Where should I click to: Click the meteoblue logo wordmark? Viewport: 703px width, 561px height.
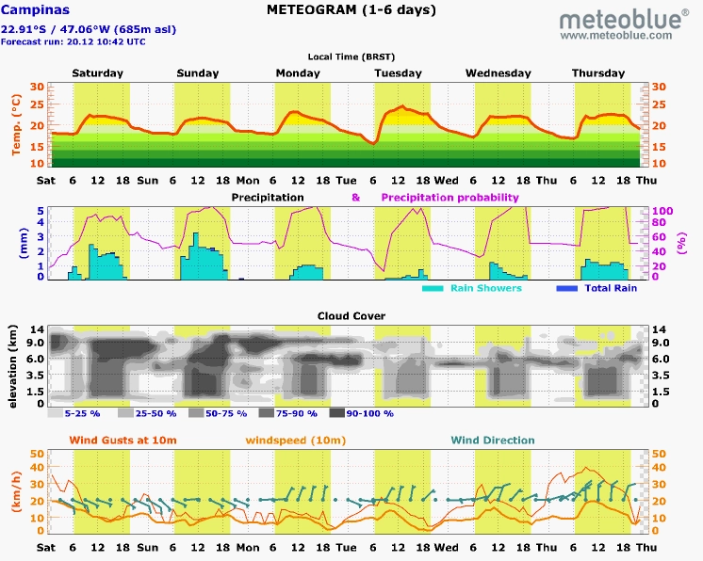(624, 19)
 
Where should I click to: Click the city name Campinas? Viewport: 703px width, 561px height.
(36, 9)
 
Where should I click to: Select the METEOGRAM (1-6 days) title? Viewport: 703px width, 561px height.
(351, 9)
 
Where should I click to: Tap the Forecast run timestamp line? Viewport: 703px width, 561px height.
(74, 41)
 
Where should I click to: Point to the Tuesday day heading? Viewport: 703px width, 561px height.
(398, 73)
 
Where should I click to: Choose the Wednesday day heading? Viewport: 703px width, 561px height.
(499, 73)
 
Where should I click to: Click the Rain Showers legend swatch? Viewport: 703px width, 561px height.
(433, 288)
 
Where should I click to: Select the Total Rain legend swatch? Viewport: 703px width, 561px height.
(566, 288)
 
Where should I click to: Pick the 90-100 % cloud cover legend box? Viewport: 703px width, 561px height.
(337, 413)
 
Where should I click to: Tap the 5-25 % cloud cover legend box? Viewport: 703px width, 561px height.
(56, 413)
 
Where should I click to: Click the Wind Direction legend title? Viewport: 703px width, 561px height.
(493, 441)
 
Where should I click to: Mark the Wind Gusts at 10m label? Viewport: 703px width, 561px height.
(123, 441)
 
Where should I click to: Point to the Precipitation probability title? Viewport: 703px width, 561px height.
(450, 198)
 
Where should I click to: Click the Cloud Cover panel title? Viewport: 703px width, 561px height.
(351, 316)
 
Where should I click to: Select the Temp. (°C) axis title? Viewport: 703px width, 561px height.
(17, 124)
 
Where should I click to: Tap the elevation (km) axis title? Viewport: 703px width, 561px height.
(12, 366)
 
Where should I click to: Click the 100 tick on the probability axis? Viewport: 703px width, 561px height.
(662, 211)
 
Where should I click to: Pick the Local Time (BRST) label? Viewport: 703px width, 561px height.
(351, 56)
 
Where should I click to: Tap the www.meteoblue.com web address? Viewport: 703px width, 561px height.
(616, 36)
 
